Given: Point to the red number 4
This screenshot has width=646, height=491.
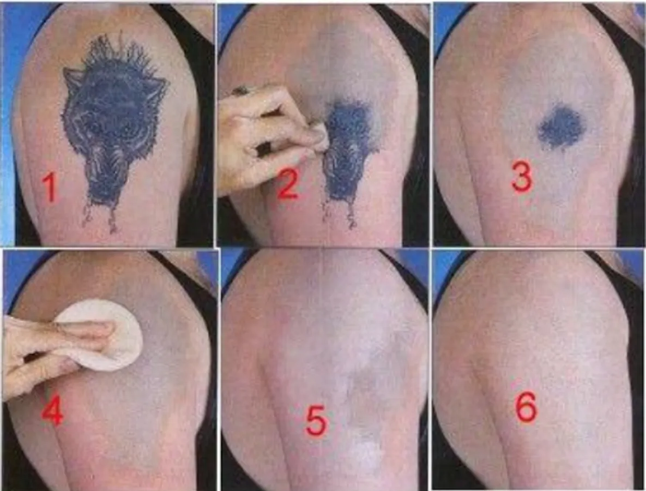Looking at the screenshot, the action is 52,408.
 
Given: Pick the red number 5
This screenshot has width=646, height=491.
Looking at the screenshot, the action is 316,421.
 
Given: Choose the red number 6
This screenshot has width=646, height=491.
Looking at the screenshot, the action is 527,407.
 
